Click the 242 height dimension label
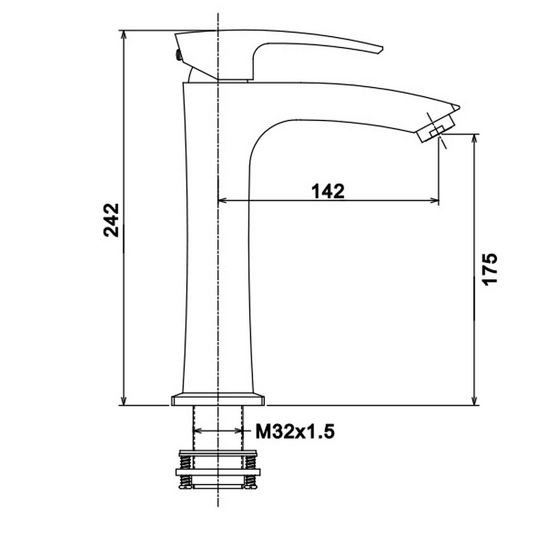click(111, 220)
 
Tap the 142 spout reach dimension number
click(328, 191)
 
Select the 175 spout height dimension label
click(491, 269)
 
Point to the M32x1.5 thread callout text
click(295, 432)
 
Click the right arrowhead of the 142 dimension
click(434, 200)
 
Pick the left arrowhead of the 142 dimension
click(222, 200)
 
